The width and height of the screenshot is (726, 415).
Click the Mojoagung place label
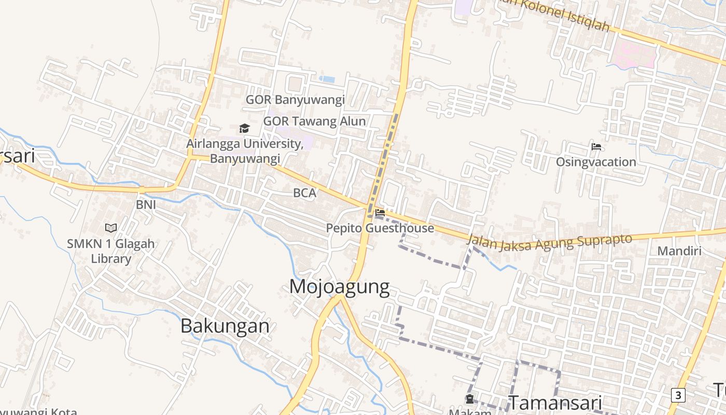[339, 286]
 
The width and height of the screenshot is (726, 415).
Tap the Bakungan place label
[225, 326]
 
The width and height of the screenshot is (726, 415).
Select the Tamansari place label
[555, 403]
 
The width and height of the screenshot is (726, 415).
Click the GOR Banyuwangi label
[295, 100]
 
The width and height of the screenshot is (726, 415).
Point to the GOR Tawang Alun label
[314, 121]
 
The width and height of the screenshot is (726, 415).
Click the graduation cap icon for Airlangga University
[244, 128]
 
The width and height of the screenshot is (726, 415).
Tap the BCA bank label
[304, 193]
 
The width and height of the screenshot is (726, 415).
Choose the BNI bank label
[146, 204]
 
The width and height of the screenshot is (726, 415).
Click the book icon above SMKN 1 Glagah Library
[111, 228]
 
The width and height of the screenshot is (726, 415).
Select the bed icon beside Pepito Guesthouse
[380, 212]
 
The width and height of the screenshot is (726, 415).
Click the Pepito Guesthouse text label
[380, 228]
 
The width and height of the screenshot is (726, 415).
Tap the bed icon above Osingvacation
[596, 147]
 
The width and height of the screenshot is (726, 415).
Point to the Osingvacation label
[596, 162]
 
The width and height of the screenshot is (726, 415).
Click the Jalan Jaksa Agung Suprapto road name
[550, 242]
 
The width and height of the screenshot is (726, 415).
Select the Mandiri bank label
[679, 251]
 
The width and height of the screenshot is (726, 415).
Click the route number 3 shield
[678, 395]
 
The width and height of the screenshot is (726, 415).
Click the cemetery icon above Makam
[470, 399]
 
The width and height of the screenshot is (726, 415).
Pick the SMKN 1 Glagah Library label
[111, 251]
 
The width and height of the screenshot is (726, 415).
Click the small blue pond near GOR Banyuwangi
[327, 79]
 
